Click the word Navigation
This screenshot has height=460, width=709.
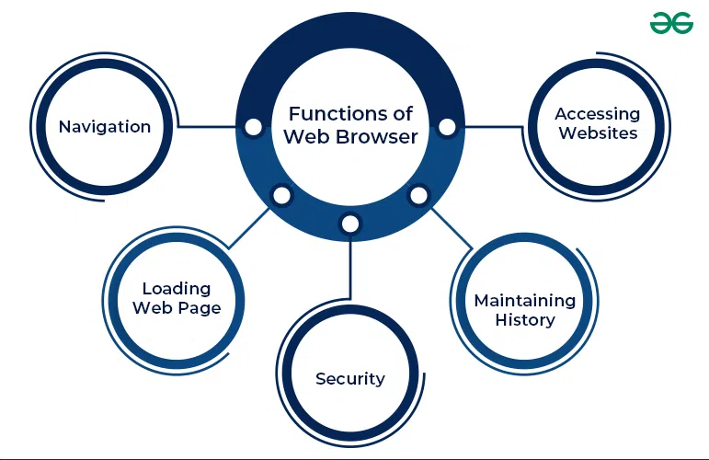point(105,127)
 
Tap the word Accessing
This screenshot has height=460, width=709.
point(598,114)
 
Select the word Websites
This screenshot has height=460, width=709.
point(598,133)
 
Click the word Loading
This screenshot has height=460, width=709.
point(177,290)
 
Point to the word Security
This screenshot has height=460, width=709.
point(350,379)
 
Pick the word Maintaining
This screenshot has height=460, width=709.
point(525,301)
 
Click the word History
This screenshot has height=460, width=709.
point(525,320)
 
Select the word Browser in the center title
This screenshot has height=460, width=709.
point(377,136)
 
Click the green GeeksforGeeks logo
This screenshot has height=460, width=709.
point(671,23)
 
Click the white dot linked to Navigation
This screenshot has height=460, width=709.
point(253,127)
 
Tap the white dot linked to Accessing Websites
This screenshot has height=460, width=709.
point(447,127)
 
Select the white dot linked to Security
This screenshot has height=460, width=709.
point(350,224)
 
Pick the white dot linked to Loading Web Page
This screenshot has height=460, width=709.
point(281,195)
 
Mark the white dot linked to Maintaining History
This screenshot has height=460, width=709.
point(418,195)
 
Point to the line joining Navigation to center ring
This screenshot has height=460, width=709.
point(207,127)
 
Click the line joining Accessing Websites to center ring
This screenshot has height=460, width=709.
point(494,127)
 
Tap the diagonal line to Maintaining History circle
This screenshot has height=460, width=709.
point(452,228)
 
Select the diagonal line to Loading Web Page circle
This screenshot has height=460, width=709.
point(248,228)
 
